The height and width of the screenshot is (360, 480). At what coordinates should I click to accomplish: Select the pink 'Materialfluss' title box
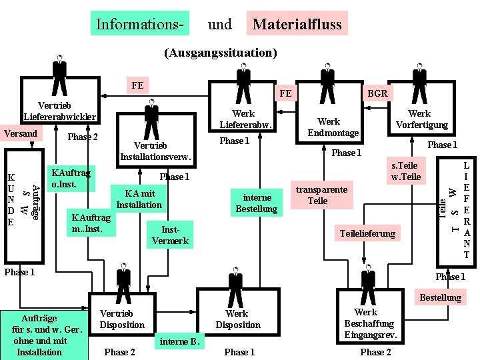point(296,25)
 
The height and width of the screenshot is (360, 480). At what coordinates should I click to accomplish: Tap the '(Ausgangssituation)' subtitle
point(220,52)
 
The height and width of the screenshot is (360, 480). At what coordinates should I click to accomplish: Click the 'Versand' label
point(21,133)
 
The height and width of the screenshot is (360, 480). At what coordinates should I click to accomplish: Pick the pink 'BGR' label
point(377,93)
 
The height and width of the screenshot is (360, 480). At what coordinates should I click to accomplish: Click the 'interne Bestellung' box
point(256,203)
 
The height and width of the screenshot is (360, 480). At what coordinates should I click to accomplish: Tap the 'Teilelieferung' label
point(367,233)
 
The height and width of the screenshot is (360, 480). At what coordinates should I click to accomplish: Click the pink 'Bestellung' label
point(440,297)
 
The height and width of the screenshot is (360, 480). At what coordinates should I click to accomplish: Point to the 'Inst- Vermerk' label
point(170,235)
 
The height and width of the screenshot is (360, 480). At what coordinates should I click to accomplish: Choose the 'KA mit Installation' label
point(139,199)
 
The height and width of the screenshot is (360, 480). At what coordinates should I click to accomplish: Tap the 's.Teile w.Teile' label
point(405,171)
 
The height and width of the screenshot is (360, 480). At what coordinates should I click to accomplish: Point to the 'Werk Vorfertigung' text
point(419,119)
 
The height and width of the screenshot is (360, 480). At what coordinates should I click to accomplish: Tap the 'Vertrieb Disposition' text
point(121,319)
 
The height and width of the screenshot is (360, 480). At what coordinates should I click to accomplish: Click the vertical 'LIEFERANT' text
point(466,208)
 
